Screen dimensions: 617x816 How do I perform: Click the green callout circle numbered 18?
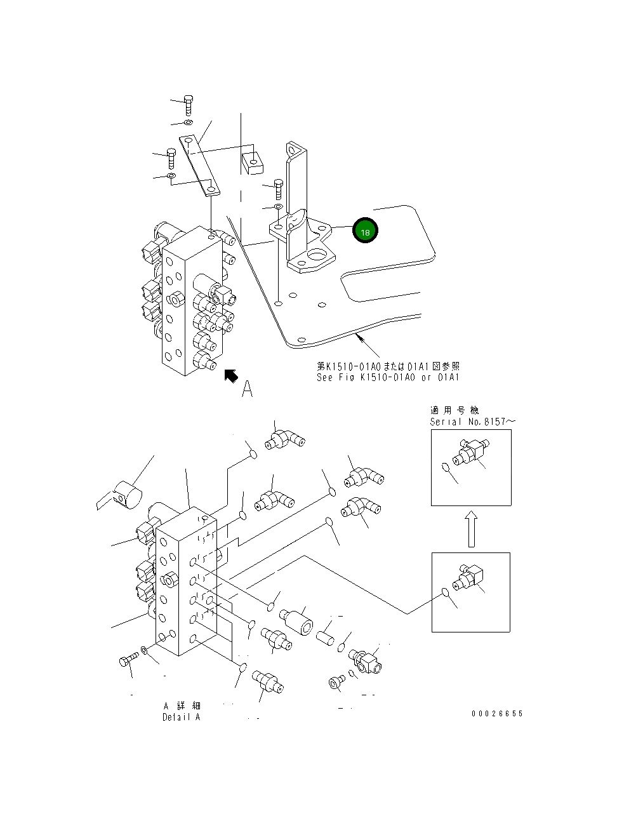[x=365, y=231]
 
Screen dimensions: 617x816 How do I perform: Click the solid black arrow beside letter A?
[x=230, y=376]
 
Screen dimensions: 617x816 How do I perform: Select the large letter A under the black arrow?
[x=247, y=389]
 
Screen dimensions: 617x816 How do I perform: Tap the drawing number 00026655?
[x=497, y=713]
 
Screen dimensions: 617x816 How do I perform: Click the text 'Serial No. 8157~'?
[x=472, y=422]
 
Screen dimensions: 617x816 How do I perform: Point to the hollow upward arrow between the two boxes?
[x=472, y=529]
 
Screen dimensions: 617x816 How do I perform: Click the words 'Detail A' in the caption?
[x=182, y=717]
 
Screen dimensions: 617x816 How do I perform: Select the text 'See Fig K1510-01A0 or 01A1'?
[x=388, y=377]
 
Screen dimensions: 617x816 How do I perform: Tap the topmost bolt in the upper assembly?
[x=189, y=105]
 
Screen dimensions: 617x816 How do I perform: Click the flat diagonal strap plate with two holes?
[x=199, y=166]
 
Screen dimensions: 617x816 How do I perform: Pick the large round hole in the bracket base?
[x=317, y=255]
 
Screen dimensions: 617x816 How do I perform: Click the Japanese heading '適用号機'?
[x=454, y=410]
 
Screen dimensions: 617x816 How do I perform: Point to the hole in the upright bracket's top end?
[x=293, y=150]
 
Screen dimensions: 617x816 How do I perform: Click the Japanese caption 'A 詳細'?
[x=182, y=706]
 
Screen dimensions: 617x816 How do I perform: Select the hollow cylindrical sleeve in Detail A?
[x=296, y=621]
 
